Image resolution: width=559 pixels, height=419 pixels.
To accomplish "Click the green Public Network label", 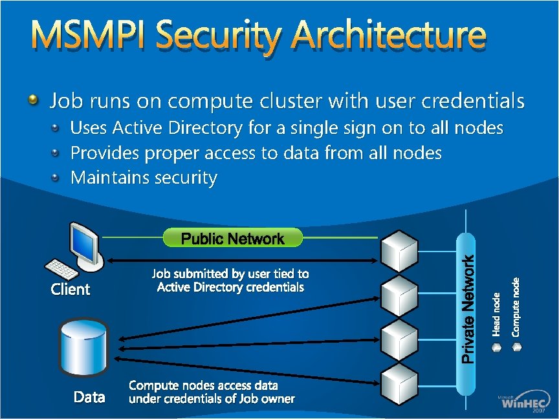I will point(232,239).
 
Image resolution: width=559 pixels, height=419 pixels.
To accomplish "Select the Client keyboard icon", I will point(60,269).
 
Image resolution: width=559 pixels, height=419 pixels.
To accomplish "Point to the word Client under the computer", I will point(71,289).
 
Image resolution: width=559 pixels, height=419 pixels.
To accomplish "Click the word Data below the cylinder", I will point(89,397).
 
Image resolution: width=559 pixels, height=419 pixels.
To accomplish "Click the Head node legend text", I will point(496,314).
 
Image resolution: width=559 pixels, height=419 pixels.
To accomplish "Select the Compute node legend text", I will point(516,306).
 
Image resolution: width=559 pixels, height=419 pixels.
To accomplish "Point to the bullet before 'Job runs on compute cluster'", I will point(33,100).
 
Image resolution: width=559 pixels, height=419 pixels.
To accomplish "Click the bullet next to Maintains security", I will point(56,177).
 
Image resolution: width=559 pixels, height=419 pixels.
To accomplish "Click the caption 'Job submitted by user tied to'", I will point(230,274).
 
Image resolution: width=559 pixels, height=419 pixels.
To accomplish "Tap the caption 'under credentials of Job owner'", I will point(212,399).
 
